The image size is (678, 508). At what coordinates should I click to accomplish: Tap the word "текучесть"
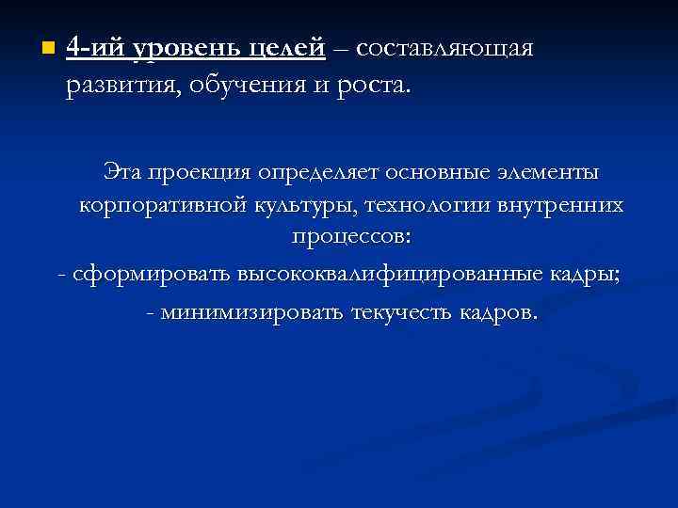(x=400, y=311)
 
